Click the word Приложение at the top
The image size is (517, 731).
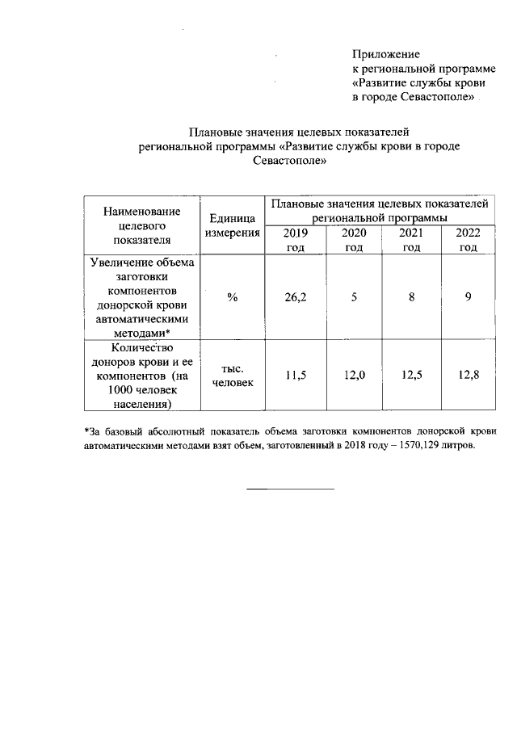[x=386, y=54]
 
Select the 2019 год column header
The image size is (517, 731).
[x=295, y=240]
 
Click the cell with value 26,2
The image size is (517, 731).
[x=295, y=297]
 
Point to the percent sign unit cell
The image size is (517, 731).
[x=232, y=297]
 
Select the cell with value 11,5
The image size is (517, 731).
[x=295, y=376]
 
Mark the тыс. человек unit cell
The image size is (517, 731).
[x=232, y=376]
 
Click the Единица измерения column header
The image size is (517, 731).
[x=232, y=225]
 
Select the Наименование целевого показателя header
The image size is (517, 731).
[x=141, y=225]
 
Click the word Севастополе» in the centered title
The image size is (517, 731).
[x=289, y=161]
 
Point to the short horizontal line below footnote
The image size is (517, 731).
[x=289, y=489]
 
